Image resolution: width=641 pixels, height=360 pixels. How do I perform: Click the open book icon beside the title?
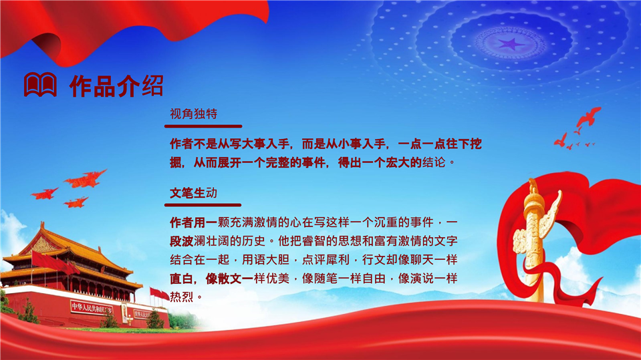coord(40,85)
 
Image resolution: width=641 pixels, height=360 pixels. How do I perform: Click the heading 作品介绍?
coord(117,85)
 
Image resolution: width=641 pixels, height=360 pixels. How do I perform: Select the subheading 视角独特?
coord(193,114)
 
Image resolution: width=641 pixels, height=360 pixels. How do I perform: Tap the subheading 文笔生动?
coord(193,193)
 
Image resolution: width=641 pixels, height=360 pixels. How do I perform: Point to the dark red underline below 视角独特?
coord(203,126)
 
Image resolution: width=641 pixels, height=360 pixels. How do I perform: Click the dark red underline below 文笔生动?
coord(203,205)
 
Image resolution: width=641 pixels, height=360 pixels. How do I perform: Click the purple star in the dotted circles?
coord(510,43)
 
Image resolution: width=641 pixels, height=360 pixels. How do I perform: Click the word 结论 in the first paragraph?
coord(434,162)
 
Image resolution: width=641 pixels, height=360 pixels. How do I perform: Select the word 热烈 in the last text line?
coord(182,297)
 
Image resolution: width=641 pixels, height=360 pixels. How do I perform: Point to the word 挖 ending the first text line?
coord(476,144)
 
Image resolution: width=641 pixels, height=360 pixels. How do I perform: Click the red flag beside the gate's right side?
coord(160,293)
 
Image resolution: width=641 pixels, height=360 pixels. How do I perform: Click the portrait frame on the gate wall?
coord(124,313)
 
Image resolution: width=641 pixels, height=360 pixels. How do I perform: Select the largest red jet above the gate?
coord(85,179)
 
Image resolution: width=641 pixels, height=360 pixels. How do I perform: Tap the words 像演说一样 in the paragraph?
coord(428,279)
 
